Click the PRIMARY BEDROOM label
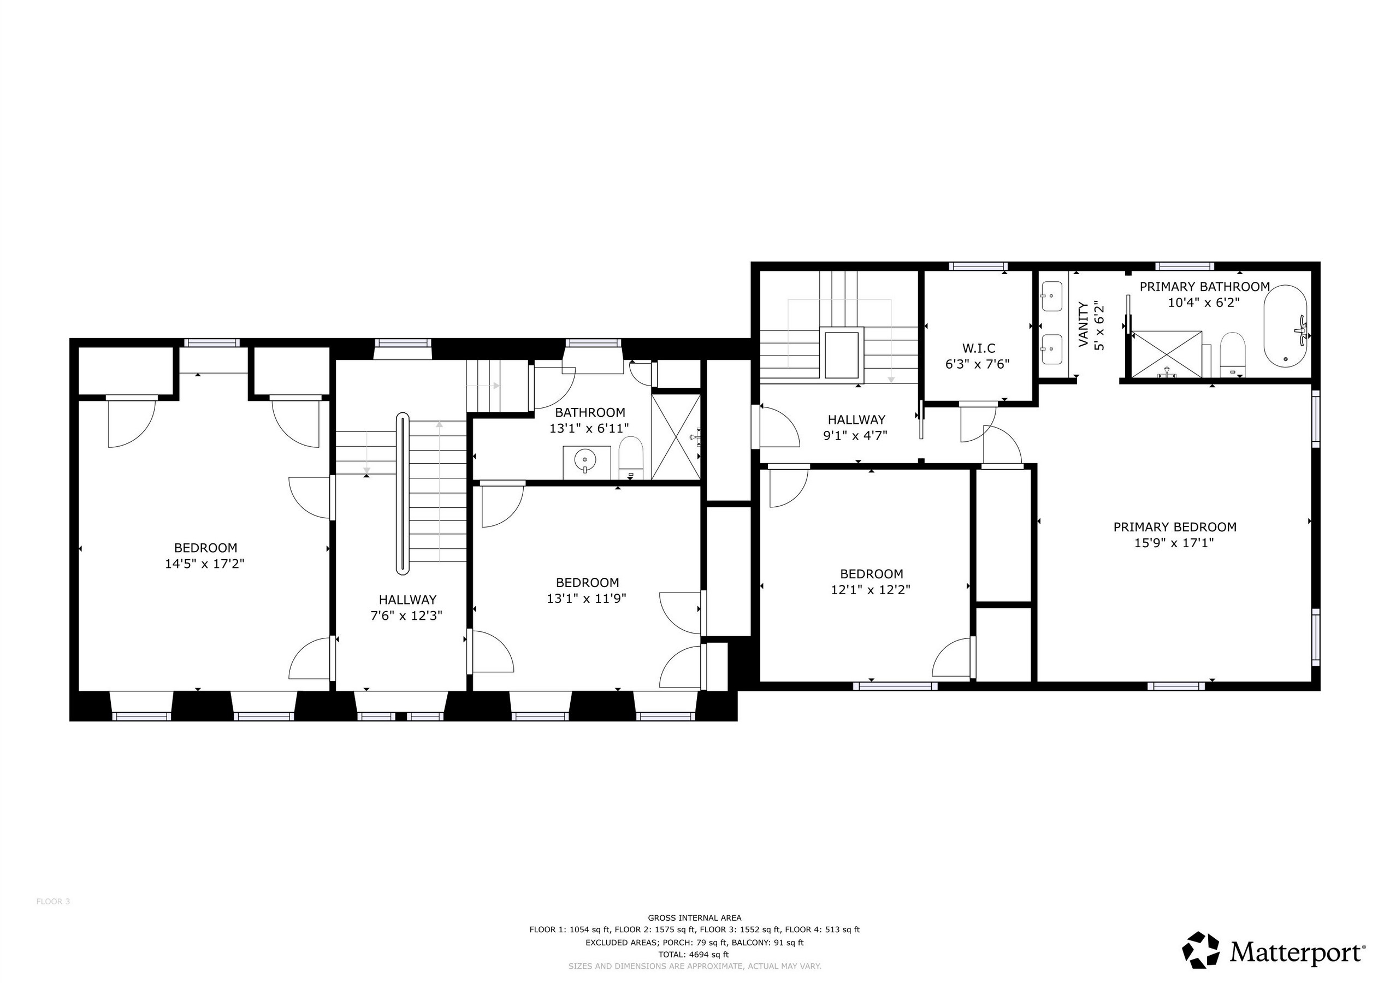tap(1174, 527)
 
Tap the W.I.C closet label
tap(978, 348)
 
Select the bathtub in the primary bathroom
tap(1285, 326)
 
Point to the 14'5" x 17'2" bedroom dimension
tap(205, 564)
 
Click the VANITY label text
tap(1084, 324)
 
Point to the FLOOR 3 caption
tap(54, 901)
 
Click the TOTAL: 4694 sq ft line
tap(694, 955)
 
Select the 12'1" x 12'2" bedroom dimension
tap(871, 590)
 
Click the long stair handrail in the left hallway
tap(403, 493)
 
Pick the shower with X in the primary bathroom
tap(1167, 354)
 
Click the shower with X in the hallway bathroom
tap(676, 437)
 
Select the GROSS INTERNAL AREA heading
tap(694, 918)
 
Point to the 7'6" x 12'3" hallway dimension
tap(407, 616)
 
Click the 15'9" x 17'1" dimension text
tap(1174, 543)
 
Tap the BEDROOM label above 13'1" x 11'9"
tap(587, 583)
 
